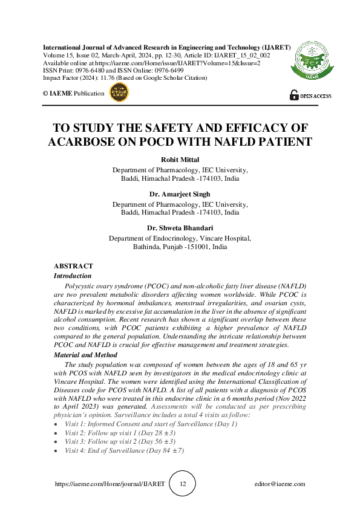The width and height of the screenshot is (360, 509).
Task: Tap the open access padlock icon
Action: tap(294, 95)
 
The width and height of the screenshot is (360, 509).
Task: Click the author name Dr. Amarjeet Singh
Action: tap(180, 194)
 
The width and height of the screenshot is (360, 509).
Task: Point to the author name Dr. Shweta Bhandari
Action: tap(180, 228)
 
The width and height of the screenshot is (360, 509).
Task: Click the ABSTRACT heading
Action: tap(73, 266)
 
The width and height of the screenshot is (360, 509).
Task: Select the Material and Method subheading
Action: tap(85, 355)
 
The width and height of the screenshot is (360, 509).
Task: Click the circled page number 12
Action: tap(183, 484)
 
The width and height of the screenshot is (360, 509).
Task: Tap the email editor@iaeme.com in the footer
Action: tap(280, 484)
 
